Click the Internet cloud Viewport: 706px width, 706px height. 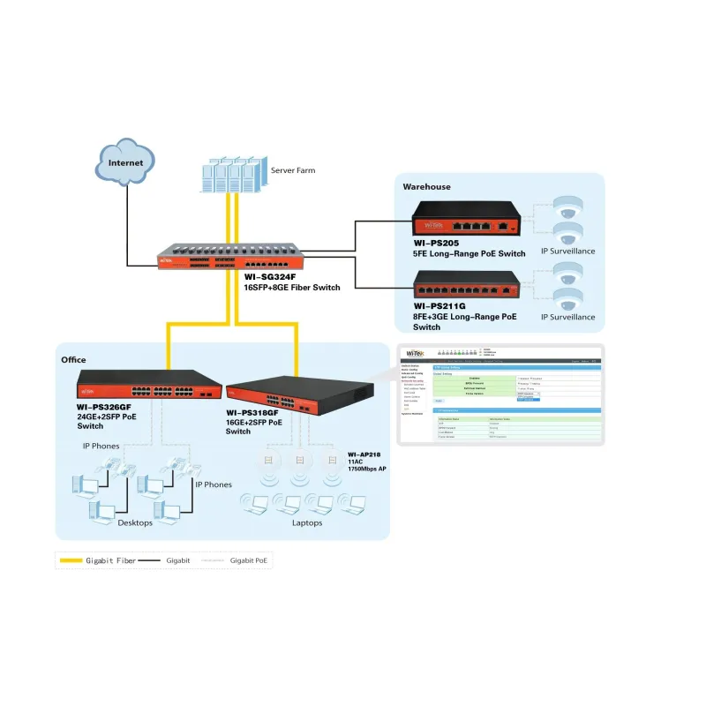click(x=125, y=162)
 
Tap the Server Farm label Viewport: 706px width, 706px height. click(x=293, y=170)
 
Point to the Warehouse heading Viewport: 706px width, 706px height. click(x=426, y=186)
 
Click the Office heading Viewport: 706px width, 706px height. click(x=73, y=360)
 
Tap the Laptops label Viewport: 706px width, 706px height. click(x=307, y=522)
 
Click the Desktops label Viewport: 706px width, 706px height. click(x=135, y=522)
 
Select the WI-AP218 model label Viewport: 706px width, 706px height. click(x=364, y=453)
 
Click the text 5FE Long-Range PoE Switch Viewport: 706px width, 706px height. click(x=469, y=253)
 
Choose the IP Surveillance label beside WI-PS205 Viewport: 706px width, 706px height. click(x=567, y=251)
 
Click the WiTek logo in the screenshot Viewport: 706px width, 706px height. click(x=415, y=353)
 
